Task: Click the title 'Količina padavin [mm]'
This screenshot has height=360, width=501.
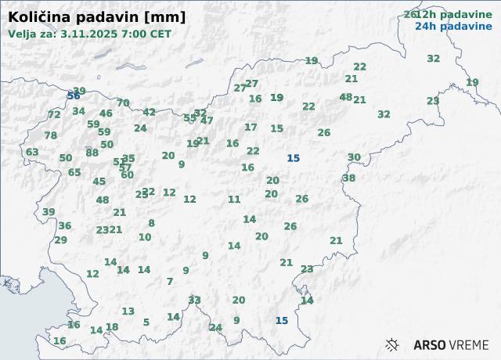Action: coord(97,17)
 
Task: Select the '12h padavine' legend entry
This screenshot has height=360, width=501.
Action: coord(454,14)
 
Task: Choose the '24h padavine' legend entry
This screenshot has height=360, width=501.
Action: coord(454,26)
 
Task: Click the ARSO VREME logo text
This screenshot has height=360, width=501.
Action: coord(451,345)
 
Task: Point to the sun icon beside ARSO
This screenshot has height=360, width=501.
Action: coord(393,344)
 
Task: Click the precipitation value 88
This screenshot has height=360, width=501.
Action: coord(92,153)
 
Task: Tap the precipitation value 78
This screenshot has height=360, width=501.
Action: coord(51,135)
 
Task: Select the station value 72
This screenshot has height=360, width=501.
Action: coord(54,114)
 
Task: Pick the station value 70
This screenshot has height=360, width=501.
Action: coord(123,103)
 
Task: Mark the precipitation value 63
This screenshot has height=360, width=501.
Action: coord(32,152)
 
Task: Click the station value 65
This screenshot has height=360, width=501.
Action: coord(74,172)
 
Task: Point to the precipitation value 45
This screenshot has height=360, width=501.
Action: coord(99,182)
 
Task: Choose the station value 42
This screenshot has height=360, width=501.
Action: coord(150,112)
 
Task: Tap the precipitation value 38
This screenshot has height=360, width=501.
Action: coord(349,178)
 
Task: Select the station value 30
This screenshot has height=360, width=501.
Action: coord(355,157)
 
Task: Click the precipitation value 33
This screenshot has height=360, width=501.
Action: coord(194,300)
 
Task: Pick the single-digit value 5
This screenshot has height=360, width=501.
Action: coord(146,322)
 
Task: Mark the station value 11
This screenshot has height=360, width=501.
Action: coord(234,200)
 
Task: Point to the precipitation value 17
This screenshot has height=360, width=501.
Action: coord(250,127)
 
